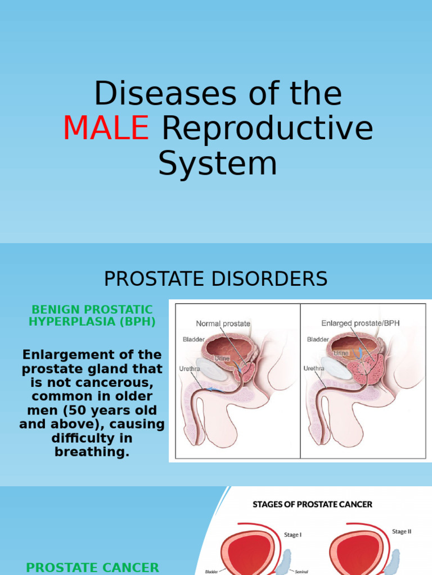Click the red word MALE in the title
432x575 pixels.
click(106, 128)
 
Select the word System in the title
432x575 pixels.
click(217, 163)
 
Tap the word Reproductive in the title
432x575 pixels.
click(267, 128)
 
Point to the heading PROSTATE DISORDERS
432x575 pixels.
click(216, 279)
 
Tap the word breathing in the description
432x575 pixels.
click(92, 451)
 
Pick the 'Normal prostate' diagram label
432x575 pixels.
click(223, 323)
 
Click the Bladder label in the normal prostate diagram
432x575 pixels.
click(193, 339)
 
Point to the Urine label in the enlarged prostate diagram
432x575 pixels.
click(341, 353)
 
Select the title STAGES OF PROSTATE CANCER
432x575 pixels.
click(312, 504)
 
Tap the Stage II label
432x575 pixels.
click(402, 531)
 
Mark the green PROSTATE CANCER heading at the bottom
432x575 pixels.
click(93, 568)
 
